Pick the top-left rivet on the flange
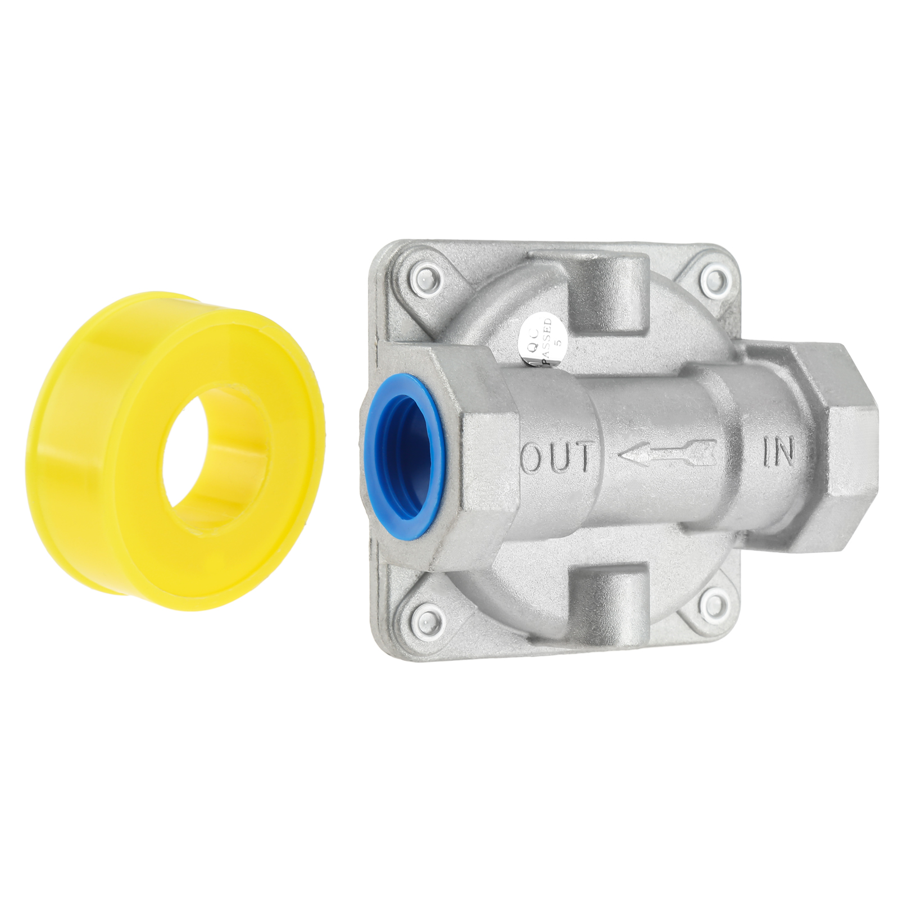(429, 279)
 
